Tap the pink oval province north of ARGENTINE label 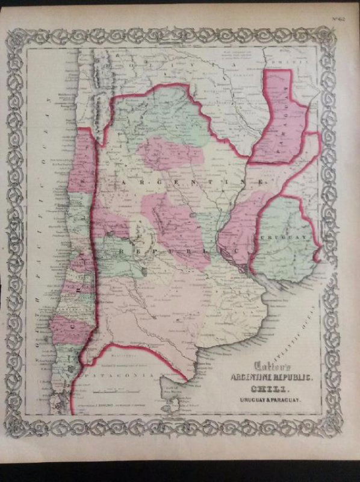tap(172, 153)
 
